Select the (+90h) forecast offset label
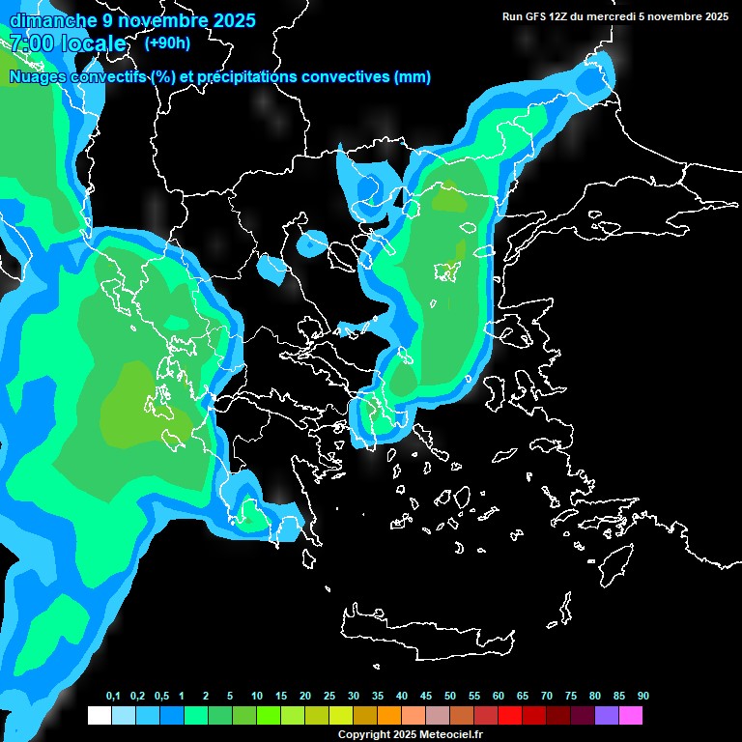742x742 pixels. click(167, 43)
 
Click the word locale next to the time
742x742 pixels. click(93, 43)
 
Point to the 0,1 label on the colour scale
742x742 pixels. click(113, 697)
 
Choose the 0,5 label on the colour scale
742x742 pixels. click(161, 697)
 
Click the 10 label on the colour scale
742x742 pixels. click(257, 697)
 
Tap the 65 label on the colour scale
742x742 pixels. click(523, 697)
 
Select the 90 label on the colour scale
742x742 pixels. click(643, 697)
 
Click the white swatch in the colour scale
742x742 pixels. click(99, 715)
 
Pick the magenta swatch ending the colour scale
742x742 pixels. click(630, 715)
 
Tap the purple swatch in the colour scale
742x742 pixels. click(606, 715)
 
